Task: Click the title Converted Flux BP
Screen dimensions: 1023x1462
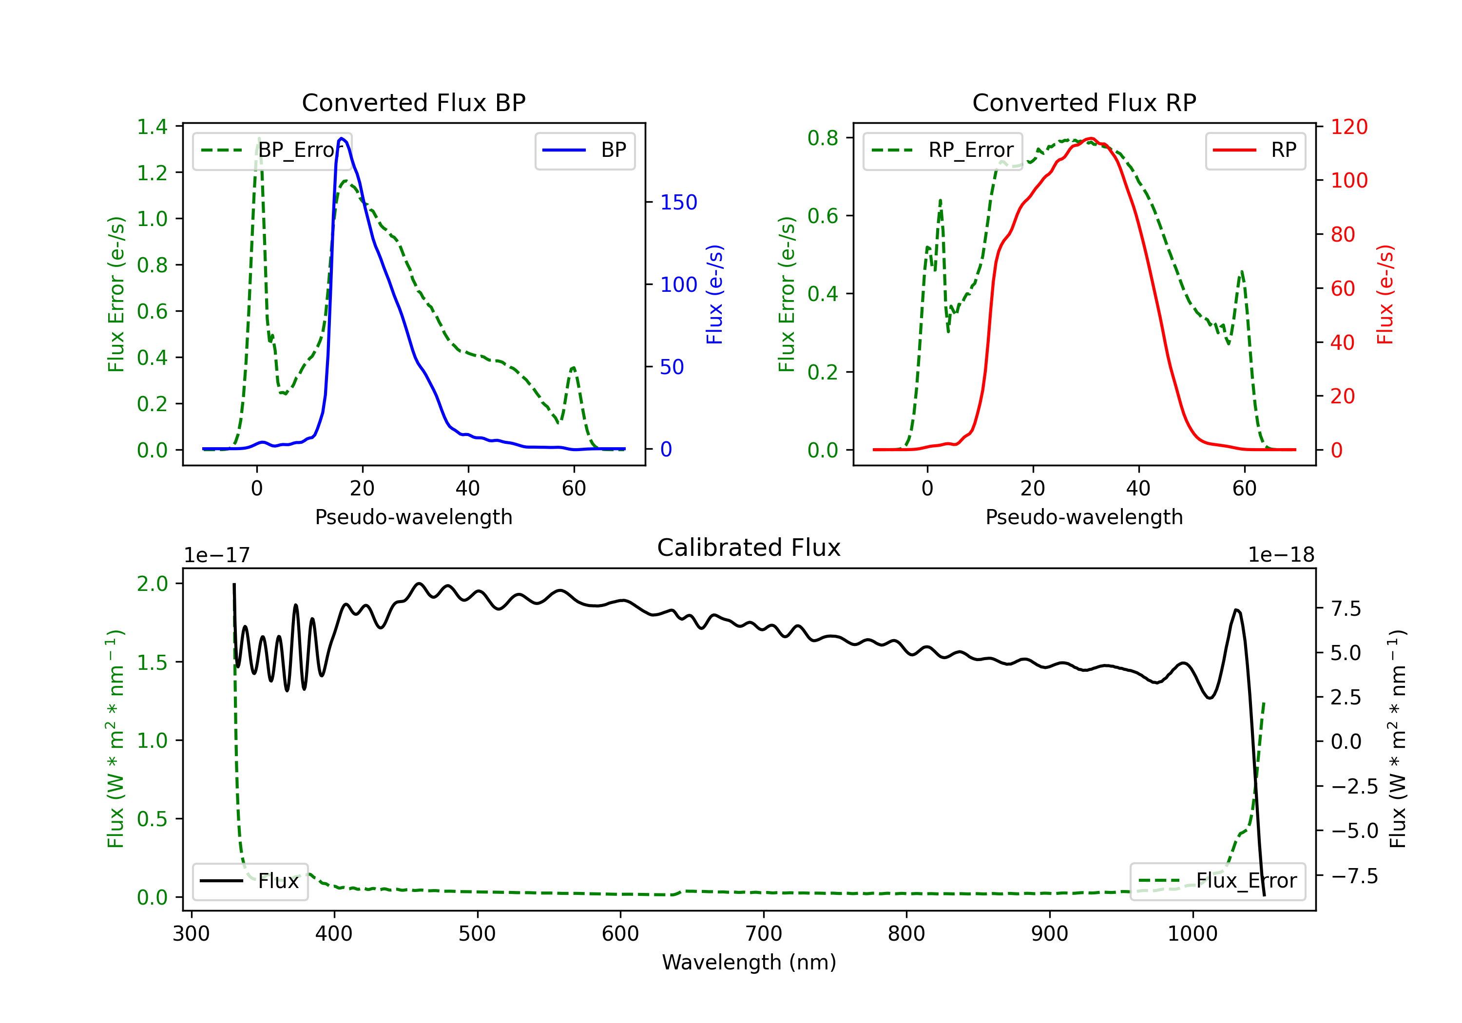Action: pyautogui.click(x=413, y=102)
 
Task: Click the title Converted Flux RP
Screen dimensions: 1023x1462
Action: pyautogui.click(x=1084, y=102)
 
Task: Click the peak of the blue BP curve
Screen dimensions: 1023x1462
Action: pyautogui.click(x=342, y=138)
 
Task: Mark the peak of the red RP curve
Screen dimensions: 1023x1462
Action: pyautogui.click(x=1091, y=138)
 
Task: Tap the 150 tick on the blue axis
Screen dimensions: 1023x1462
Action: pyautogui.click(x=678, y=203)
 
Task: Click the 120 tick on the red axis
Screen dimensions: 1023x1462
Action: pyautogui.click(x=1348, y=127)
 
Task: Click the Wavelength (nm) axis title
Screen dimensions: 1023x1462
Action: pyautogui.click(x=749, y=962)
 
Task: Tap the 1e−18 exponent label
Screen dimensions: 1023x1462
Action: pyautogui.click(x=1281, y=555)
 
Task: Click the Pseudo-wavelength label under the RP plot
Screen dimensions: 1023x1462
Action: pyautogui.click(x=1084, y=517)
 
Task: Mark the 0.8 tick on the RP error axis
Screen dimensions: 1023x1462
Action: pyautogui.click(x=823, y=137)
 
